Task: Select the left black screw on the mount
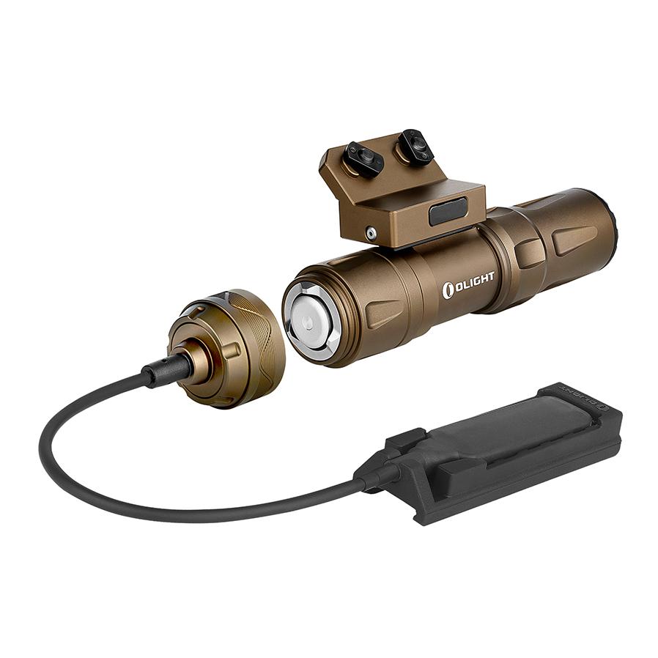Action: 363,159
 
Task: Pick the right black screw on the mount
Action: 415,147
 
